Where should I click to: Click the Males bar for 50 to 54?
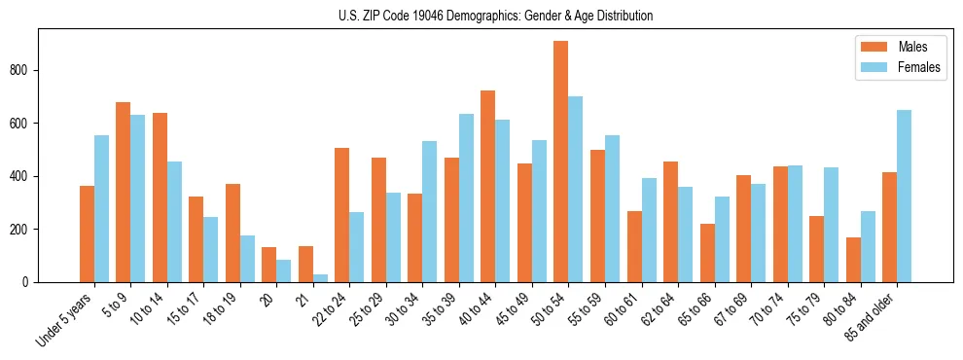pos(561,162)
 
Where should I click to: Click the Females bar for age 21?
pos(320,278)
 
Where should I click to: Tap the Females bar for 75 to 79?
pos(831,225)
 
